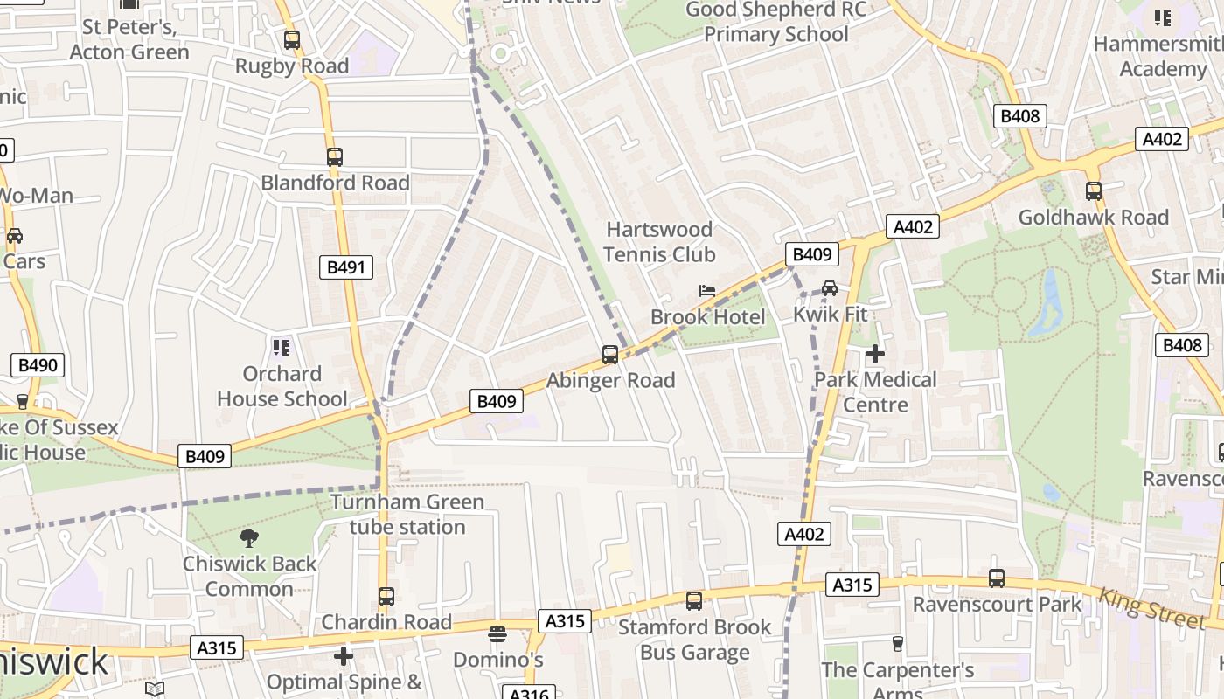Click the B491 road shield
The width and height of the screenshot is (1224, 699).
[345, 267]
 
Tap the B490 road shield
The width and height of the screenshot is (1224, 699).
[38, 365]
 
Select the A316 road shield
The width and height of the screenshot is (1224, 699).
[529, 693]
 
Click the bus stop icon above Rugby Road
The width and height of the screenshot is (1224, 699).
[292, 40]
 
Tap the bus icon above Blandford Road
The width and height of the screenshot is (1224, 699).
[335, 157]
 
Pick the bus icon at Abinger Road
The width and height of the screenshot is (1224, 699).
[610, 355]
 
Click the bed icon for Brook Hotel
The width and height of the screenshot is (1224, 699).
[707, 291]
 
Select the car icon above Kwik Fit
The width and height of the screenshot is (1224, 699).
[830, 287]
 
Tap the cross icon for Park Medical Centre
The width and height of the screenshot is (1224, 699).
[874, 354]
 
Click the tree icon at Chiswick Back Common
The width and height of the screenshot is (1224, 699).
[249, 538]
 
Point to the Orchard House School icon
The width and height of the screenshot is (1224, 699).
[282, 348]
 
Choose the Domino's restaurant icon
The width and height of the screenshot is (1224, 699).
[497, 633]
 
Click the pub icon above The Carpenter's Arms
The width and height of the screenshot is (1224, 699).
[897, 644]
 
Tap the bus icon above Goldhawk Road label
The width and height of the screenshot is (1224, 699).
[1093, 191]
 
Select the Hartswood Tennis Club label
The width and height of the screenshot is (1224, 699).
[659, 242]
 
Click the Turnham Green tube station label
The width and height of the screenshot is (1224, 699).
[407, 515]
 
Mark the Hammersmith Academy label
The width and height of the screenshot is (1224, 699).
[1162, 56]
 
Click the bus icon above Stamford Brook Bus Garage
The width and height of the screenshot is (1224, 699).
[694, 601]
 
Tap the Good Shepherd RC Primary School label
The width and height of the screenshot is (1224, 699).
[775, 22]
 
